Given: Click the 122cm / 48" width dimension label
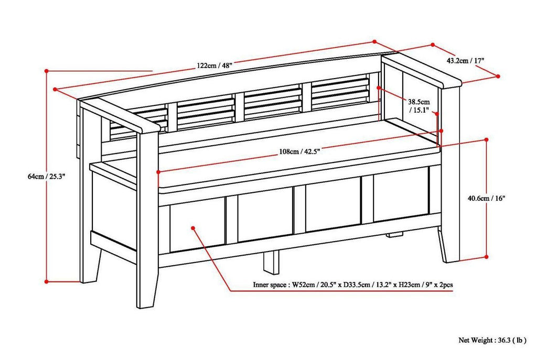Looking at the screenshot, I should click(x=215, y=66).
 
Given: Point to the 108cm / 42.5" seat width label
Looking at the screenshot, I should click(x=299, y=152).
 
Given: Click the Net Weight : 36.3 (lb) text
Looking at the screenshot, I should click(x=492, y=340).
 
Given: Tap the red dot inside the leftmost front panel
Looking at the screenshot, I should click(x=193, y=228).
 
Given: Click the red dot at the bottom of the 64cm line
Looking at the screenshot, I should click(x=47, y=281).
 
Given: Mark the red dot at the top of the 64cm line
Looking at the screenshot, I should click(x=47, y=70).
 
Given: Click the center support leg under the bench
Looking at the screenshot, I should click(x=271, y=262).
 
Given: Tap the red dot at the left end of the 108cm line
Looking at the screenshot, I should click(x=158, y=171).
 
